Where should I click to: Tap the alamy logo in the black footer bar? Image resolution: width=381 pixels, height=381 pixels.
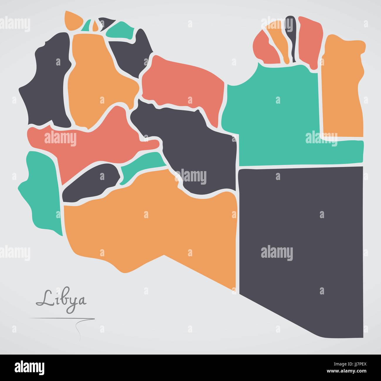tap(30, 367)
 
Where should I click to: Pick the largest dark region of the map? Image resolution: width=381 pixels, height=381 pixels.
tap(302, 235)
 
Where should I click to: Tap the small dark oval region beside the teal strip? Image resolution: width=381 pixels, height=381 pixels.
tap(91, 183)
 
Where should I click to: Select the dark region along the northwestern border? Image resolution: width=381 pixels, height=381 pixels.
tap(47, 82)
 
